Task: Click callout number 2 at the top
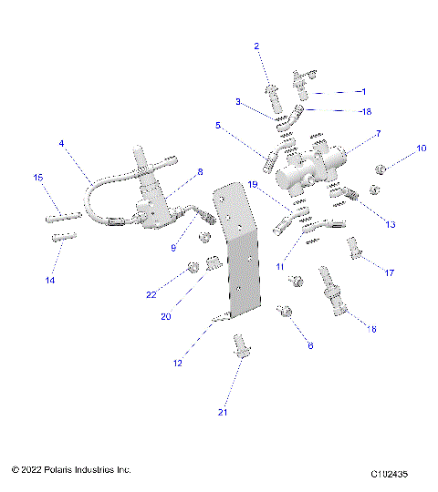(x=256, y=46)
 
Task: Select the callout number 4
(x=61, y=143)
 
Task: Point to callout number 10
(x=421, y=148)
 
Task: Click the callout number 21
(x=221, y=413)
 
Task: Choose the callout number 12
(x=178, y=363)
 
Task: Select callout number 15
(x=38, y=177)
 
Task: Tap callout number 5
(x=218, y=125)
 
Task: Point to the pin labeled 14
(x=62, y=239)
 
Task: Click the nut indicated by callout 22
(x=193, y=268)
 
